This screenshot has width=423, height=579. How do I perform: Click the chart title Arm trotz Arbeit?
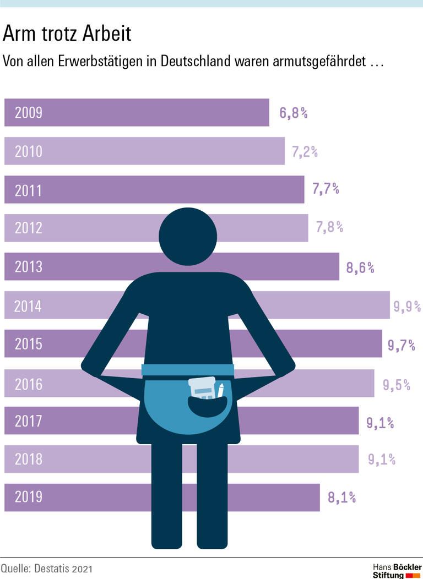(x=67, y=34)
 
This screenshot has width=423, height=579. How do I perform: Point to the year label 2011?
(x=28, y=190)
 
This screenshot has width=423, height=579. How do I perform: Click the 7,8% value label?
(x=329, y=227)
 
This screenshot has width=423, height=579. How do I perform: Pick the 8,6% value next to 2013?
(x=360, y=268)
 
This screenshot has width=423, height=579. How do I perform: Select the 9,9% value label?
(x=406, y=306)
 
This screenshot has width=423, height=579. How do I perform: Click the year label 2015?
(x=28, y=345)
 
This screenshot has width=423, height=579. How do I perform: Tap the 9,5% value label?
(x=397, y=384)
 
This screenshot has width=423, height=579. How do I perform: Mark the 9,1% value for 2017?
(x=380, y=423)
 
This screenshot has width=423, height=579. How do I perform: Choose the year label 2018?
(x=28, y=459)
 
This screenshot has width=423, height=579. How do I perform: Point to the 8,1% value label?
(x=341, y=498)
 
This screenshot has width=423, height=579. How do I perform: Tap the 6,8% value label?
(x=293, y=113)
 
